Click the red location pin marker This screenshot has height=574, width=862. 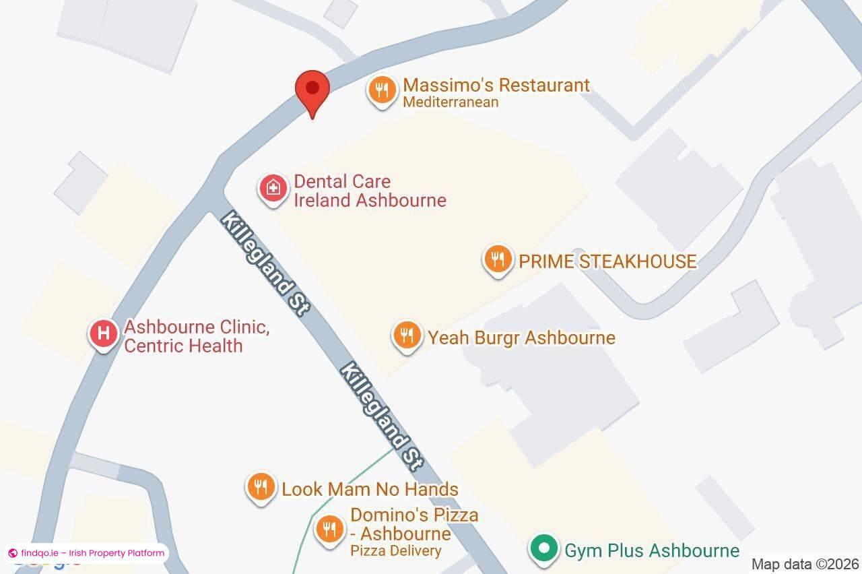pos(312,90)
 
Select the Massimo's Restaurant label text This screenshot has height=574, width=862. pos(496,86)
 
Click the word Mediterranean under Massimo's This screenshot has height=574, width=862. pos(451,102)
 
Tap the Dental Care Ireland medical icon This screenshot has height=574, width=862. pos(273,188)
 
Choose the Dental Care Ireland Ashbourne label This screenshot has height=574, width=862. pos(370,191)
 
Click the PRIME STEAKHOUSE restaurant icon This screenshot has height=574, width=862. pos(498,259)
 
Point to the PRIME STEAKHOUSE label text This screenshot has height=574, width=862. pos(607,261)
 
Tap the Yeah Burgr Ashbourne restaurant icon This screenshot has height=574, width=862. pos(407,335)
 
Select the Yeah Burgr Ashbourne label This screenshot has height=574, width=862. pos(521,338)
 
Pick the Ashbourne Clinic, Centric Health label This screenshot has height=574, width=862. pos(196,337)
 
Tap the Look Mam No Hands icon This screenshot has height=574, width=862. pos(261,486)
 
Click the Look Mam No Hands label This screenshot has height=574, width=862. pos(370,489)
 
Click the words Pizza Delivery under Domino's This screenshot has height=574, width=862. pos(395,550)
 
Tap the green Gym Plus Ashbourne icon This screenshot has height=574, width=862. pos(543,548)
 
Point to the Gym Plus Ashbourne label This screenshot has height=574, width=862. pos(651,550)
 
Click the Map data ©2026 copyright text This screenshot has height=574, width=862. pos(805,564)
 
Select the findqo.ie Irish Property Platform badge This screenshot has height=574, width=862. pos(86,553)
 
